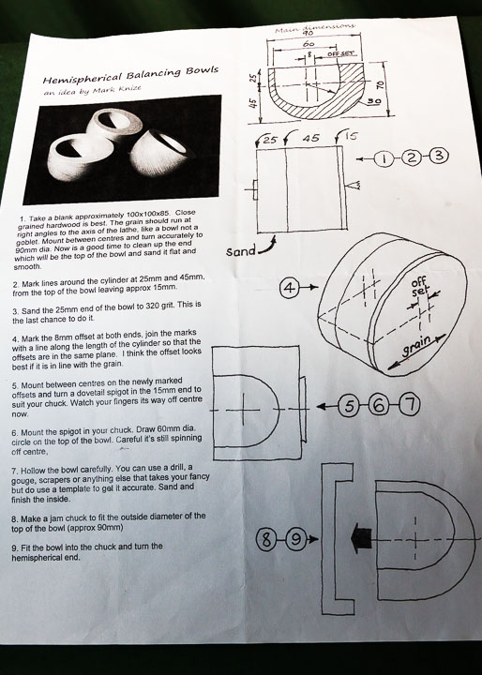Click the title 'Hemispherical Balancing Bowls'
tap(130, 74)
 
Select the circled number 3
tap(439, 156)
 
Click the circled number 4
tap(290, 288)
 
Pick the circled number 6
tap(379, 406)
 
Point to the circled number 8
tap(266, 539)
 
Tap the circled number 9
tap(295, 539)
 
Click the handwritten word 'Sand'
tap(241, 250)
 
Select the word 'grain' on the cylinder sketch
tap(416, 347)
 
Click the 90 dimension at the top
tap(308, 33)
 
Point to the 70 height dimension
tap(380, 85)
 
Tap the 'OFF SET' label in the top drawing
tap(341, 53)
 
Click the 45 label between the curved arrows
tap(311, 138)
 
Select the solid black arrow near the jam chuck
tap(361, 539)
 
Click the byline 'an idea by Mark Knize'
tap(92, 90)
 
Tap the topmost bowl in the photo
tap(115, 124)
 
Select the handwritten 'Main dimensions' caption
tap(315, 27)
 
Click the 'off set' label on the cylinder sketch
tap(418, 287)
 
